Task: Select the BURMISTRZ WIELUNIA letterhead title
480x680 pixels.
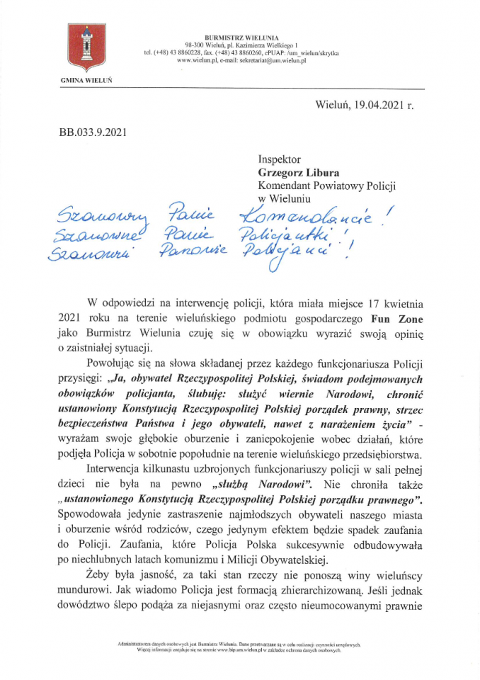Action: pos(241,37)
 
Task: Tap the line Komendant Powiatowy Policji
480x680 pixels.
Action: pos(326,186)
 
